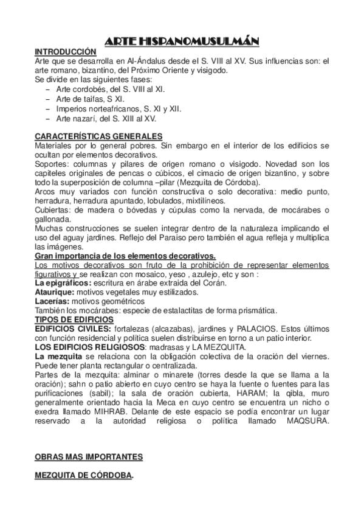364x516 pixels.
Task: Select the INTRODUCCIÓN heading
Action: (66, 52)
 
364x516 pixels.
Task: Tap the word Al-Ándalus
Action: (144, 61)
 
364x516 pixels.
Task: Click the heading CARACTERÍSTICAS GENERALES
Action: (98, 136)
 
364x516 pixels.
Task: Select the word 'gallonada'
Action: (53, 219)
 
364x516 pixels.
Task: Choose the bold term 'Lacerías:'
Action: (52, 301)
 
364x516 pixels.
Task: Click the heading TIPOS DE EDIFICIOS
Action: (74, 319)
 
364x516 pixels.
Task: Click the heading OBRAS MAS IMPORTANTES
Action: (89, 456)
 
